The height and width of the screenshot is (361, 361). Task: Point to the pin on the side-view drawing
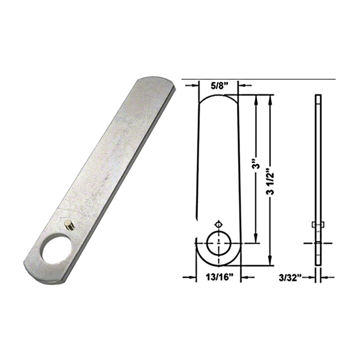pos(318,225)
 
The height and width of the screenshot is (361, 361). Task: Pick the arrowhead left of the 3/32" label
pos(312,277)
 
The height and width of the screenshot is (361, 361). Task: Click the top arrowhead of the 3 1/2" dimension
pos(270,99)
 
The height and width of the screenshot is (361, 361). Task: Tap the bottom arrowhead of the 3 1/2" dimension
pos(270,261)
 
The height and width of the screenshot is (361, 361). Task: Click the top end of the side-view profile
pos(318,96)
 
